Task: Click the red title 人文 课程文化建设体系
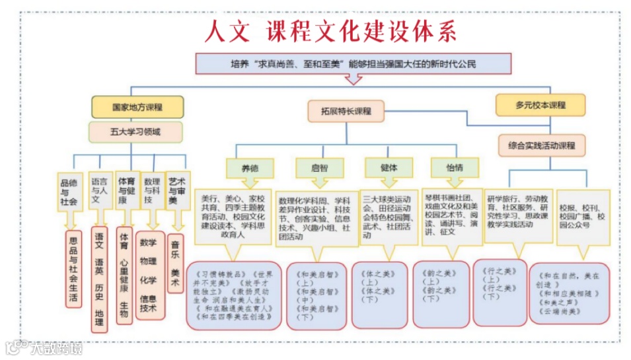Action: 330,32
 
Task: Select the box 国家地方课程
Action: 137,106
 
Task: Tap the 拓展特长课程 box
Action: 345,111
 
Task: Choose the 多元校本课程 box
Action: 540,105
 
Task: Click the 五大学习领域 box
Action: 135,132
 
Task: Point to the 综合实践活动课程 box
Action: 542,145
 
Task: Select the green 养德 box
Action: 249,168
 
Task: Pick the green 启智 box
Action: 319,168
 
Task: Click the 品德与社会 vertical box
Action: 69,192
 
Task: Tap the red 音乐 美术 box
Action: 176,263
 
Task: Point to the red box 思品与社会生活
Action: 73,268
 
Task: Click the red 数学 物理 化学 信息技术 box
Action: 149,275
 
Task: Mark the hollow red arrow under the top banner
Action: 354,78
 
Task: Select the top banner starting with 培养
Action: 353,64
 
